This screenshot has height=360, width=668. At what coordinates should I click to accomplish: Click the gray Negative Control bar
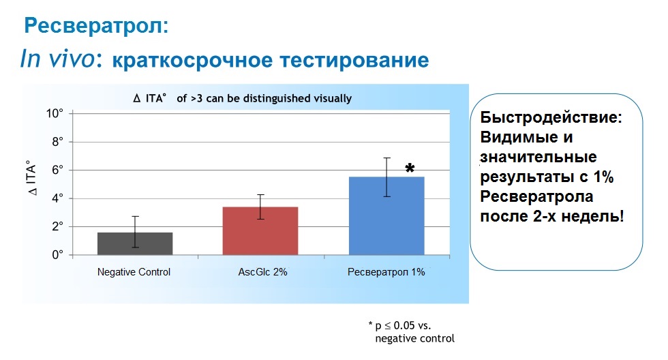[x=135, y=243]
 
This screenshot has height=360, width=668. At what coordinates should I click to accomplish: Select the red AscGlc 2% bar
[x=260, y=231]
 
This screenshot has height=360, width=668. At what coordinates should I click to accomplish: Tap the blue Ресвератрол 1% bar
[x=386, y=216]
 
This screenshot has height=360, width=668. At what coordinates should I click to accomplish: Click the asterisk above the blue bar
[x=410, y=168]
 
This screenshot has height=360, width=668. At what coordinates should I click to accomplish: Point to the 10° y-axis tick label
[x=55, y=113]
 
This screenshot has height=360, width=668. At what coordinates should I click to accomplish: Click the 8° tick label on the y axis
[x=57, y=141]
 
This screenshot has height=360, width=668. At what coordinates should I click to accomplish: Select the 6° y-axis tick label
[x=57, y=170]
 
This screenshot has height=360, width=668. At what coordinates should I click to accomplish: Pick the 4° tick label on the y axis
[x=57, y=198]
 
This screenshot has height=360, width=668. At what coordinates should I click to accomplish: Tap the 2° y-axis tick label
[x=57, y=226]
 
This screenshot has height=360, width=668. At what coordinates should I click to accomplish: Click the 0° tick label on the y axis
[x=57, y=255]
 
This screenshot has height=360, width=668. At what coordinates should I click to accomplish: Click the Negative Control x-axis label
[x=134, y=272]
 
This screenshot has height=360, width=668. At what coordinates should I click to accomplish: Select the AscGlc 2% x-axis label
[x=263, y=272]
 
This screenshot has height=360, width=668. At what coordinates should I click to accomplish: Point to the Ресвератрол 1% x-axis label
[x=386, y=272]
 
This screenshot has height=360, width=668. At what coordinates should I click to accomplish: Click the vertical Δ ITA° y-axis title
[x=32, y=178]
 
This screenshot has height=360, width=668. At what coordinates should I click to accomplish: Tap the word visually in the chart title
[x=333, y=98]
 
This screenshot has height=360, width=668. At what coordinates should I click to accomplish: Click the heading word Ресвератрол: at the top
[x=96, y=25]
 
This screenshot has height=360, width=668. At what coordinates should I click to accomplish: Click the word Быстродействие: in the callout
[x=551, y=117]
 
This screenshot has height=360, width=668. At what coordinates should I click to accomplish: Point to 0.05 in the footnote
[x=404, y=325]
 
